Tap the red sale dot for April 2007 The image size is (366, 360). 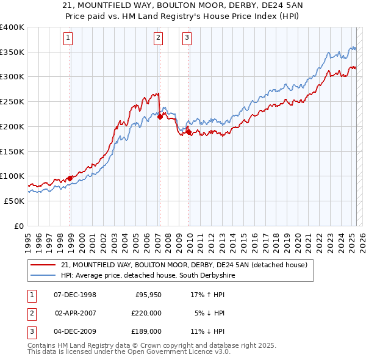pos(160,117)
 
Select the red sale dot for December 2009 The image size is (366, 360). pos(188,132)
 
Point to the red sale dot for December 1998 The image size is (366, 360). pos(70,178)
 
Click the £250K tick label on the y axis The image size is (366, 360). pos(12,101)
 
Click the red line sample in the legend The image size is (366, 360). pos(45,265)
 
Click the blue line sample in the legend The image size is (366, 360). pos(45,275)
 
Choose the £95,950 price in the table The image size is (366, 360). pos(148,295)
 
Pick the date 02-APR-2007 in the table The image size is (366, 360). pos(76,313)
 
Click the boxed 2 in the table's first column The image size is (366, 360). pos(31,313)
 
